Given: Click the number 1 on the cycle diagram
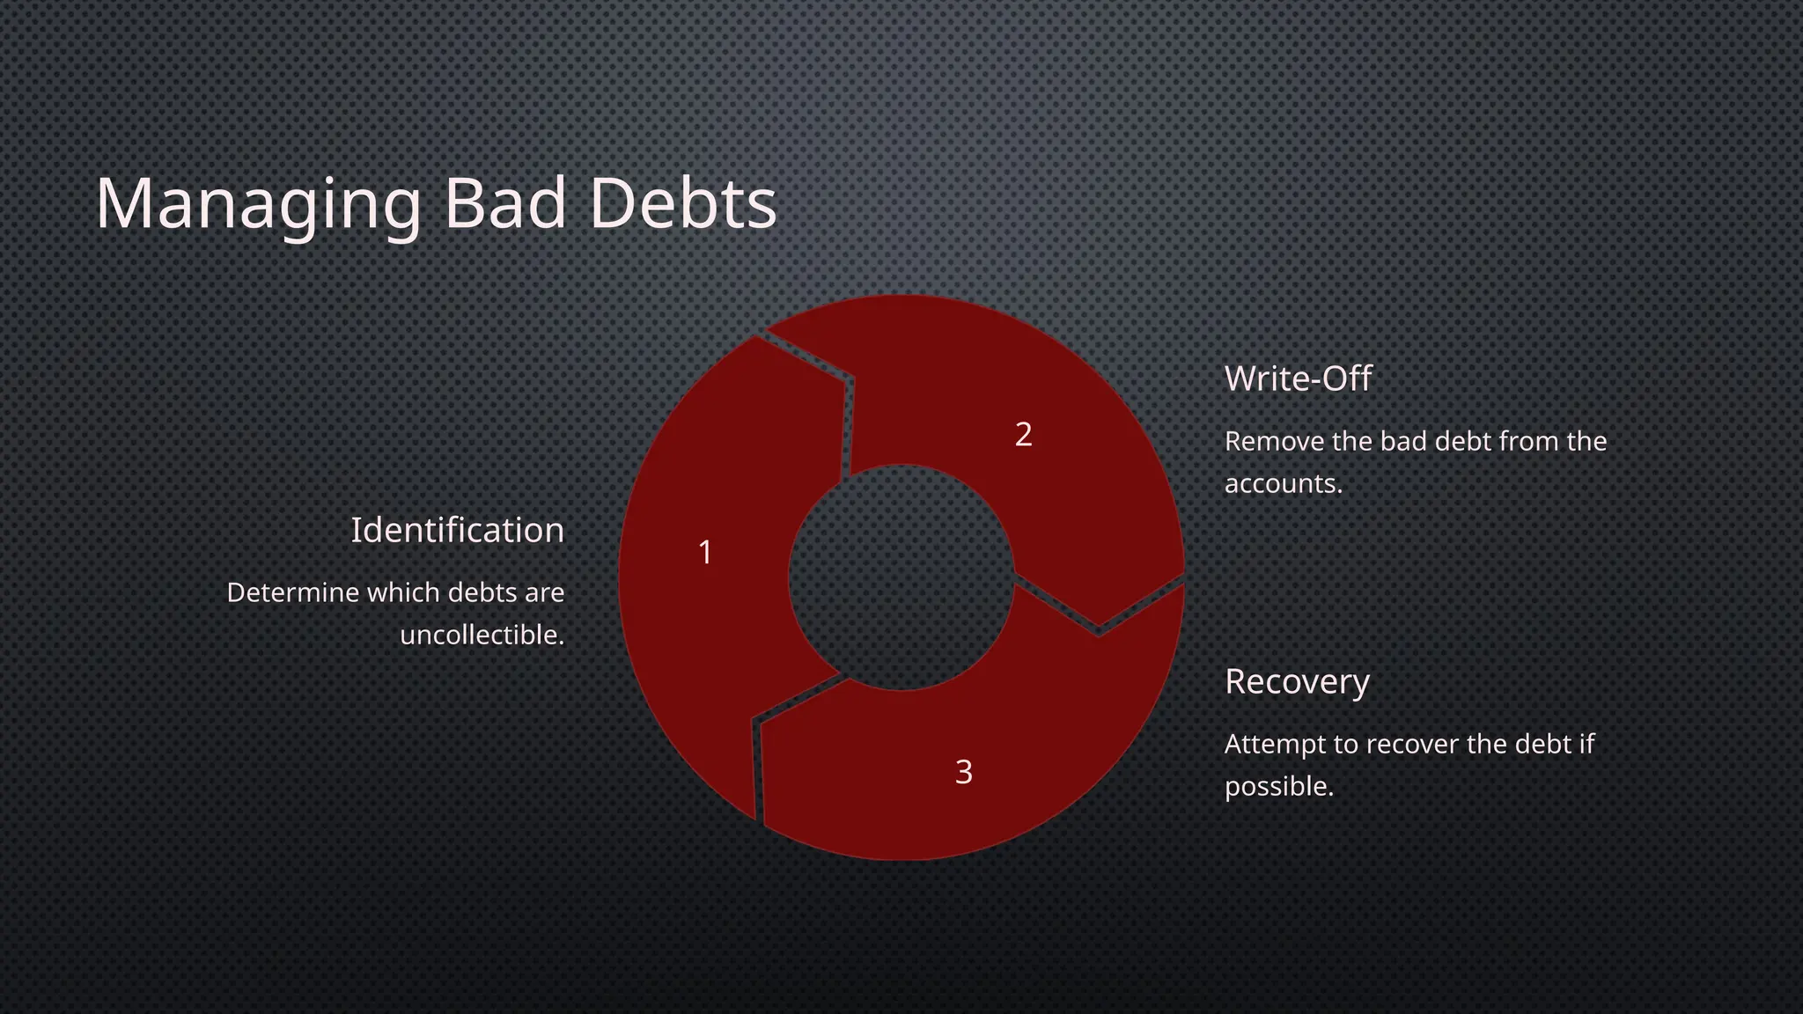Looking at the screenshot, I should pyautogui.click(x=705, y=553).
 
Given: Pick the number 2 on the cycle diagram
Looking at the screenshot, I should pyautogui.click(x=1023, y=435).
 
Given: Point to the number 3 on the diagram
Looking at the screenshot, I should pyautogui.click(x=964, y=772).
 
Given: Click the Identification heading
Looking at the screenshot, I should pyautogui.click(x=457, y=530).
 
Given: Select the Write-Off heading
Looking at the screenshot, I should pyautogui.click(x=1298, y=378).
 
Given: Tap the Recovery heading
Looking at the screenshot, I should pyautogui.click(x=1297, y=681).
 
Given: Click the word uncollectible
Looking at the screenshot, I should pyautogui.click(x=482, y=635).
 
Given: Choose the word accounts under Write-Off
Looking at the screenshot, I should pyautogui.click(x=1283, y=483).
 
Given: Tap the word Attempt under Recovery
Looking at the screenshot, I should pyautogui.click(x=1274, y=744).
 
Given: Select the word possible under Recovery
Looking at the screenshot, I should pyautogui.click(x=1278, y=786).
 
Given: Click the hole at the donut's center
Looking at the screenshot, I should pyautogui.click(x=901, y=577).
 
